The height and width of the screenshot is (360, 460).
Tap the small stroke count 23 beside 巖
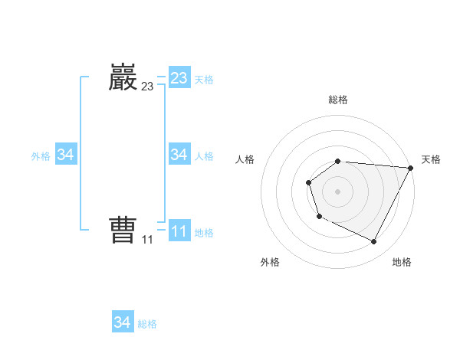click(x=147, y=87)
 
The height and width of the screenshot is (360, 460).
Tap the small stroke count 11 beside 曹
click(x=147, y=240)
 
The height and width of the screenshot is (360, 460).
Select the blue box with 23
click(x=179, y=78)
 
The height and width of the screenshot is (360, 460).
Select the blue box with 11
click(x=179, y=231)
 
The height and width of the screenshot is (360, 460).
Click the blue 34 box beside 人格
click(x=179, y=155)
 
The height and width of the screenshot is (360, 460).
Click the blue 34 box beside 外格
click(x=66, y=155)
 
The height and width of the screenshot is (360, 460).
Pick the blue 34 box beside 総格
click(x=123, y=322)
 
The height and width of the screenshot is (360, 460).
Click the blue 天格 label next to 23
click(x=204, y=80)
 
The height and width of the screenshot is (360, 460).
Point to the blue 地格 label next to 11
click(x=204, y=232)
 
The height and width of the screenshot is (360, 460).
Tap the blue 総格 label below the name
click(x=147, y=324)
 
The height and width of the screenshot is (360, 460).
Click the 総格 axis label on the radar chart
click(x=338, y=100)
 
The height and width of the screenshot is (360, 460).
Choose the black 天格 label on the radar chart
click(x=432, y=159)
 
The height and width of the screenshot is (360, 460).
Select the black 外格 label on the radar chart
click(x=270, y=262)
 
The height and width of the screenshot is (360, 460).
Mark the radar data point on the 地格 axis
click(x=374, y=242)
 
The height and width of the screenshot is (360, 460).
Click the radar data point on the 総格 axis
click(x=338, y=161)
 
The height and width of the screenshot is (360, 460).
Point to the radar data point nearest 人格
click(x=308, y=182)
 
